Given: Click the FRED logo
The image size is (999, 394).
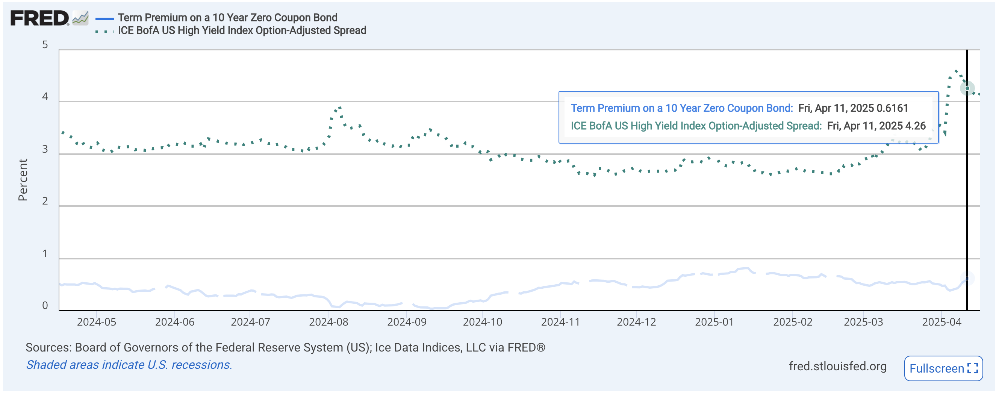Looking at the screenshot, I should coord(39,18).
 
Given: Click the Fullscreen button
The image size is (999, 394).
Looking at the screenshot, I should coord(943,368).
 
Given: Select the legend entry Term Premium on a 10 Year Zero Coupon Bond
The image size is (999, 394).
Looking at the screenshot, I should coord(228,17).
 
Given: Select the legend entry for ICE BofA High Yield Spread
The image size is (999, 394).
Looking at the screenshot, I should coord(242,30).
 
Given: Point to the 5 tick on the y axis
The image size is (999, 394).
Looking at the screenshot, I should coord(45,45).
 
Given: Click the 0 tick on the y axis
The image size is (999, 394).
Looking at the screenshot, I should coord(45,306).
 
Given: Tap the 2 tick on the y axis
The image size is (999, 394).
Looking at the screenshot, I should coord(45,201).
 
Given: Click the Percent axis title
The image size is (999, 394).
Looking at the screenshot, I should coord(23,180).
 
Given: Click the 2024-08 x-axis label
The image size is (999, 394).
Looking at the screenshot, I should coord(328,322).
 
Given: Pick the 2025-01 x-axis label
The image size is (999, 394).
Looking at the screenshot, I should coord(714,322).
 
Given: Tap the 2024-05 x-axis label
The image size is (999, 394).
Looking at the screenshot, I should coord(96,322).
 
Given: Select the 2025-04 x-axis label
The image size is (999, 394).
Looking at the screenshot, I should coord(941,322).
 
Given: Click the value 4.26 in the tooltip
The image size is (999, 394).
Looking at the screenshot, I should coord(915,126).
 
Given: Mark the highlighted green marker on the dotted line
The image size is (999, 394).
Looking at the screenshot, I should coord(967,88).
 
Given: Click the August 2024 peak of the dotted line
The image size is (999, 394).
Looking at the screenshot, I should coord(340,107).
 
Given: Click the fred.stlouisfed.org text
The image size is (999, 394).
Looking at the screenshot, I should coord(837,366).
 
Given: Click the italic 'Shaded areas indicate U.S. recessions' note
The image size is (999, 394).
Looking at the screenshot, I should coord(129,365).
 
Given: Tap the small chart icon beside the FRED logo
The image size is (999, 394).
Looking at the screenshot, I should coord(80,18).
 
